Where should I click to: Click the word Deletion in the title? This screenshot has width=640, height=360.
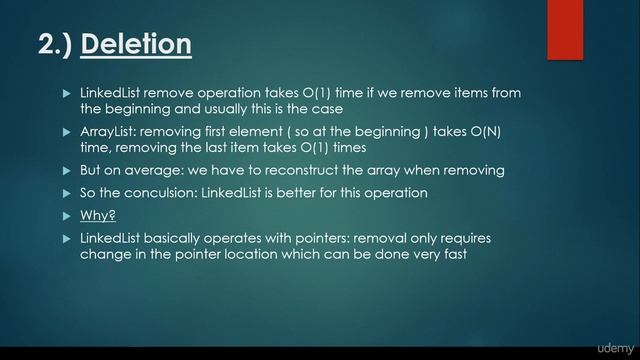(x=136, y=45)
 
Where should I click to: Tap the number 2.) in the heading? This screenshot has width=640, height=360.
(x=56, y=45)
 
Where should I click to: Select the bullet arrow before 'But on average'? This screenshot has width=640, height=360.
(x=67, y=169)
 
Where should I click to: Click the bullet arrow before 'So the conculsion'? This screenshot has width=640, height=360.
(x=67, y=192)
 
